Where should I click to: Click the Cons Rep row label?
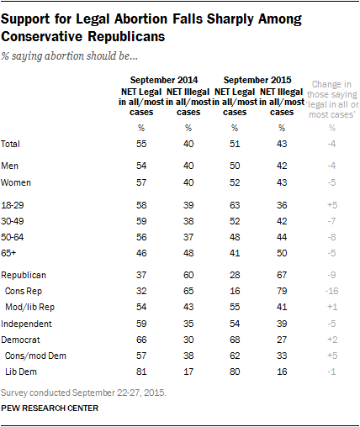click(x=24, y=291)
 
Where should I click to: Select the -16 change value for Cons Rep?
click(x=331, y=291)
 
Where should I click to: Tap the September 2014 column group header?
click(x=164, y=80)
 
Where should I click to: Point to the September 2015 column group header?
click(x=257, y=80)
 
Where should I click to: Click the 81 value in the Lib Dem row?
click(x=141, y=372)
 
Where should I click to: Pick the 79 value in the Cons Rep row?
click(x=282, y=291)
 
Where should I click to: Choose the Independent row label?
click(x=26, y=324)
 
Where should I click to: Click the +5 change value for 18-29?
click(x=332, y=205)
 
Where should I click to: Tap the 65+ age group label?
click(x=8, y=253)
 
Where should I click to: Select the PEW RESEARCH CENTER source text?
click(x=50, y=408)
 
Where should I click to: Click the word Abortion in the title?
click(x=141, y=19)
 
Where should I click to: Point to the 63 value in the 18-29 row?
click(x=235, y=205)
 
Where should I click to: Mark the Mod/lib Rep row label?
click(x=29, y=308)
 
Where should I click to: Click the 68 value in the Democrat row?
click(x=235, y=340)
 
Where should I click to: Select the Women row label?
click(x=16, y=182)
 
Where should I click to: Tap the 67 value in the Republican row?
click(x=282, y=275)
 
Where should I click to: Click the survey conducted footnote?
click(x=83, y=393)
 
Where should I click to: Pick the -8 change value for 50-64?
click(x=331, y=237)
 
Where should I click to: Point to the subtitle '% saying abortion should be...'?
click(x=69, y=56)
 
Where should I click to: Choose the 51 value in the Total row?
click(x=235, y=144)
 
